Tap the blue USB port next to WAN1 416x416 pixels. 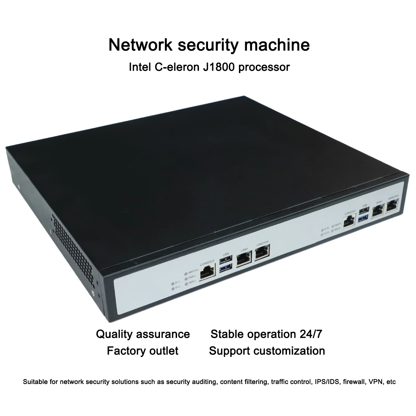coord(365,217)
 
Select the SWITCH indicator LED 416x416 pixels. coord(186,271)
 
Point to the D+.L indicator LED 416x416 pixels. coord(173,288)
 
